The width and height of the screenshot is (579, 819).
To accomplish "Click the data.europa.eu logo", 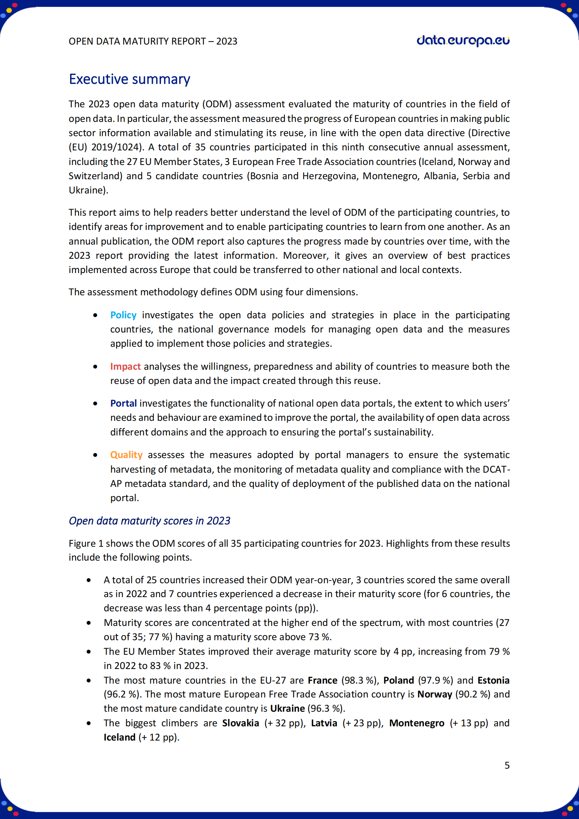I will (463, 41).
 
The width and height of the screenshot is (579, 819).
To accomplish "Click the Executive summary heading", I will (130, 79).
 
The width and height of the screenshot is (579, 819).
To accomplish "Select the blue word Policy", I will (123, 315).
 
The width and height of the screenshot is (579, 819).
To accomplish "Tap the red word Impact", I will (125, 366).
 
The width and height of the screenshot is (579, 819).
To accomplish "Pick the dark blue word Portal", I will (123, 403).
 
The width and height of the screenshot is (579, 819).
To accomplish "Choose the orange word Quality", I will (126, 455).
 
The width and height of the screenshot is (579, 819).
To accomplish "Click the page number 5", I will (507, 765).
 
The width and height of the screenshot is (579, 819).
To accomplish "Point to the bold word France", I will (322, 680).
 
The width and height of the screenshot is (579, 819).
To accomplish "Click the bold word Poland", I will (398, 680).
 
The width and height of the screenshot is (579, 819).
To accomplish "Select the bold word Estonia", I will (493, 680).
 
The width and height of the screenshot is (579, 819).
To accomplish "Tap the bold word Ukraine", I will (287, 708).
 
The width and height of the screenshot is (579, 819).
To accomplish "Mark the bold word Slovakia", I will (241, 723).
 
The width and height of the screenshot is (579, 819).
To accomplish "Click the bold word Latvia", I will (324, 723).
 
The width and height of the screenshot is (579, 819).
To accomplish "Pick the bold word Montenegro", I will (417, 723).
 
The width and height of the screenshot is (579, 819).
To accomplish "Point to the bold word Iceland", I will (119, 737).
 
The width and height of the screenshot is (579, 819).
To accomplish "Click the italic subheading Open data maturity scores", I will (149, 521).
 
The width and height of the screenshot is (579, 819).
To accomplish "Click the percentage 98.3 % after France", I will (359, 680).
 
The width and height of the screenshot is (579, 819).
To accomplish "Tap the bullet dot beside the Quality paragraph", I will (95, 455).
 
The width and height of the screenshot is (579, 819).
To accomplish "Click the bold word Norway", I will (434, 694).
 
